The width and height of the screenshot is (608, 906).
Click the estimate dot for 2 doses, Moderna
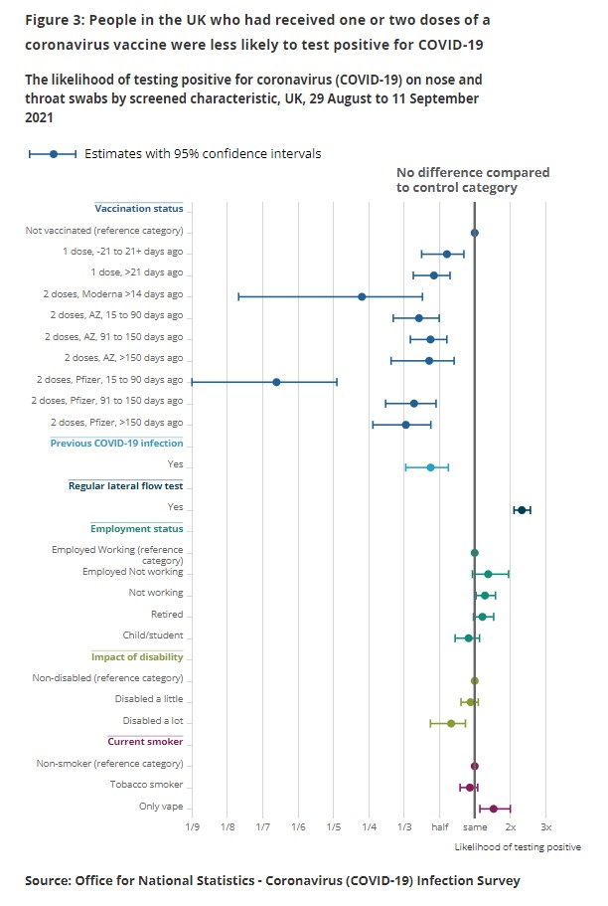pyautogui.click(x=362, y=296)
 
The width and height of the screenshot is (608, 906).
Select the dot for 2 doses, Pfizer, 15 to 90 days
pyautogui.click(x=276, y=382)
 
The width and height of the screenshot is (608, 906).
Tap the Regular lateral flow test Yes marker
pyautogui.click(x=521, y=510)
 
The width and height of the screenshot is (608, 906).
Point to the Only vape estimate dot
pyautogui.click(x=493, y=809)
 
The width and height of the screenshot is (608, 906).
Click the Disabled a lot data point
pyautogui.click(x=451, y=723)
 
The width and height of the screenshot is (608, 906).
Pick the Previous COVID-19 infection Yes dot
pyautogui.click(x=430, y=466)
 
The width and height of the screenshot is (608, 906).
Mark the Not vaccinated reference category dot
pyautogui.click(x=475, y=233)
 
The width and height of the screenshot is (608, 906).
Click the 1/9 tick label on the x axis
pyautogui.click(x=192, y=827)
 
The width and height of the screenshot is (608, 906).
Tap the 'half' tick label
pyautogui.click(x=439, y=827)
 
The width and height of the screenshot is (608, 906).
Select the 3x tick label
pyautogui.click(x=545, y=827)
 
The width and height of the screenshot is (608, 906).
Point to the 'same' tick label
pyautogui.click(x=475, y=827)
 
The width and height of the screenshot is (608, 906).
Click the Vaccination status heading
pyautogui.click(x=139, y=209)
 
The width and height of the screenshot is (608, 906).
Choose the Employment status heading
pyautogui.click(x=136, y=529)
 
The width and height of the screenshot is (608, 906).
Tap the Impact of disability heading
pyautogui.click(x=137, y=656)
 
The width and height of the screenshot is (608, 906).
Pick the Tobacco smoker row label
pyautogui.click(x=146, y=785)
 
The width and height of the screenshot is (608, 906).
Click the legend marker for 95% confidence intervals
pyautogui.click(x=53, y=154)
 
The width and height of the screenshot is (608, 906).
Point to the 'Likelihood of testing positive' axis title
pyautogui.click(x=518, y=847)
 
